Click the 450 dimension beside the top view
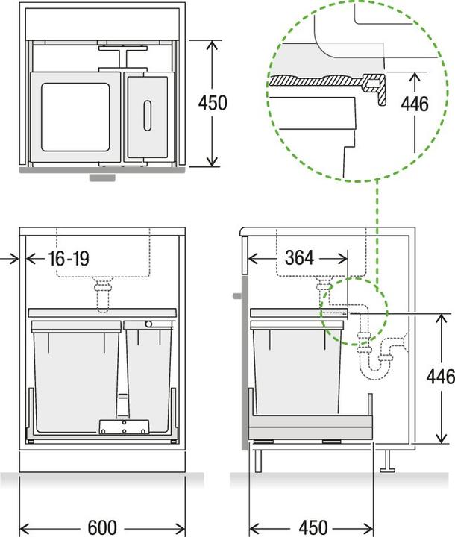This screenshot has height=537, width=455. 213,102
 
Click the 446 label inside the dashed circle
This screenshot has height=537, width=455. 415,103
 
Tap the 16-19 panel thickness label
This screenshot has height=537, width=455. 68,259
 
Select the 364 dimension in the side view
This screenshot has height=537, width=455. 299,259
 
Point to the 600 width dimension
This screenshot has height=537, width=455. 102,526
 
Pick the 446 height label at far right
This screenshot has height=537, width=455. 440,377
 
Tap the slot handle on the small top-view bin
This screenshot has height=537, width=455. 146,114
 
